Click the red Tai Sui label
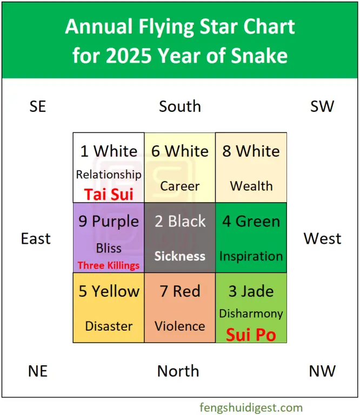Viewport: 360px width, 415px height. [109, 194]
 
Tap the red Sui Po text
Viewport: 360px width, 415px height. [251, 334]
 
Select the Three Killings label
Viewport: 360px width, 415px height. [109, 265]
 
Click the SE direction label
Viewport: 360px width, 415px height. [38, 106]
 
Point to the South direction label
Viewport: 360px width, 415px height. [180, 106]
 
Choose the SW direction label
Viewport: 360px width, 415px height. [323, 106]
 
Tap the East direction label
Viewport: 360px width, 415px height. [36, 239]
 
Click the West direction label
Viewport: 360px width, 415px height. [323, 239]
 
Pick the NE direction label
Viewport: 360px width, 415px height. [38, 371]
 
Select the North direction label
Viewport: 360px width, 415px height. [178, 371]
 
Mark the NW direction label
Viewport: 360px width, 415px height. [323, 371]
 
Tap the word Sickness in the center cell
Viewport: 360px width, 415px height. [180, 256]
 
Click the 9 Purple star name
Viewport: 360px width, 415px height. [109, 222]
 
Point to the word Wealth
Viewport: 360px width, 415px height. [251, 186]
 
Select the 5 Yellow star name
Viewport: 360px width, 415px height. [109, 292]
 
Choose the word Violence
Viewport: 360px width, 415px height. [180, 326]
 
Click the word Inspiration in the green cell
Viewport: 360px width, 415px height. [251, 256]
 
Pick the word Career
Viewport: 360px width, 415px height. [180, 186]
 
